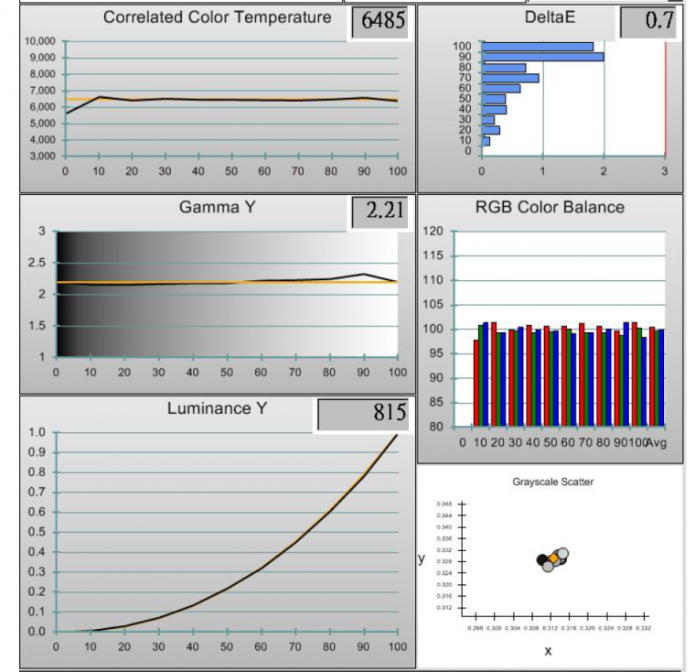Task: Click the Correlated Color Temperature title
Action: [x=217, y=18]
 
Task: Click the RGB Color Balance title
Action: [x=550, y=207]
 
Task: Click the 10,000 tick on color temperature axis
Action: [x=40, y=41]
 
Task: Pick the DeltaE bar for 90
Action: [x=542, y=57]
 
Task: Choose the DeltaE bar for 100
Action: [x=537, y=47]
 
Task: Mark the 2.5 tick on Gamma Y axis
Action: [x=37, y=263]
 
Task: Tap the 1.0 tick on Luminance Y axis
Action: [x=37, y=432]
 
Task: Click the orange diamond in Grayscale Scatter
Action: [x=553, y=558]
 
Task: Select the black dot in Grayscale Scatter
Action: [x=542, y=559]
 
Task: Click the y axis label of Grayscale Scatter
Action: [x=422, y=558]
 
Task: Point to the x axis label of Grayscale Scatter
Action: [x=548, y=651]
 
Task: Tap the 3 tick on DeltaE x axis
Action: [x=665, y=169]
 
